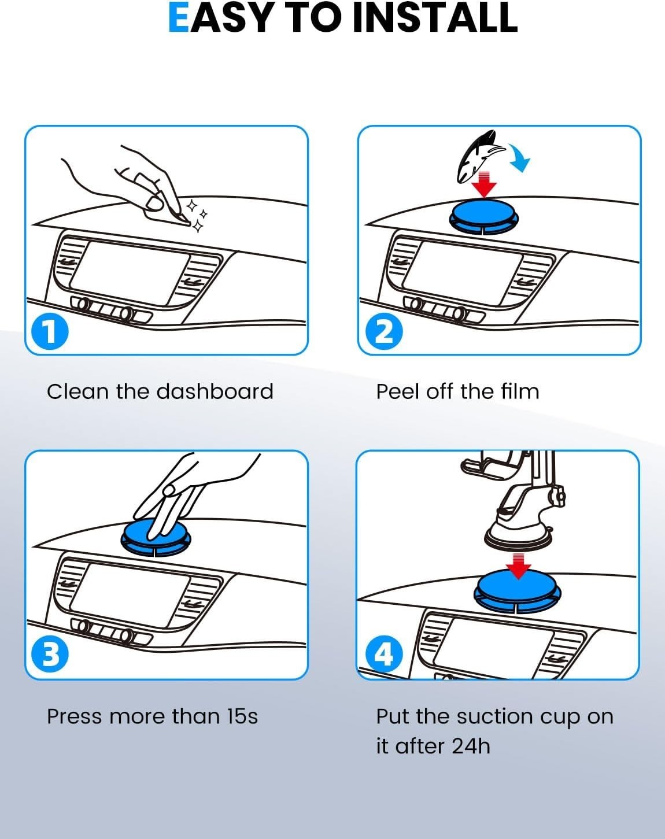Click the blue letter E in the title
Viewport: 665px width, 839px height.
coord(179,17)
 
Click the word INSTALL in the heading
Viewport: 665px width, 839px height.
coord(435,17)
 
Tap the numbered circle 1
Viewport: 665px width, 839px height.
coord(50,332)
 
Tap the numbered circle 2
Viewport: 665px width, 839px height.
coord(384,332)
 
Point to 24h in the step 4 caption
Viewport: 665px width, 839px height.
coord(471,746)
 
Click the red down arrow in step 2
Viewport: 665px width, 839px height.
coord(483,184)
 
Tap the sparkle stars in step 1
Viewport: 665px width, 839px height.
coord(197,216)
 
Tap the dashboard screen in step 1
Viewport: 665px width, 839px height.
coord(130,273)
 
